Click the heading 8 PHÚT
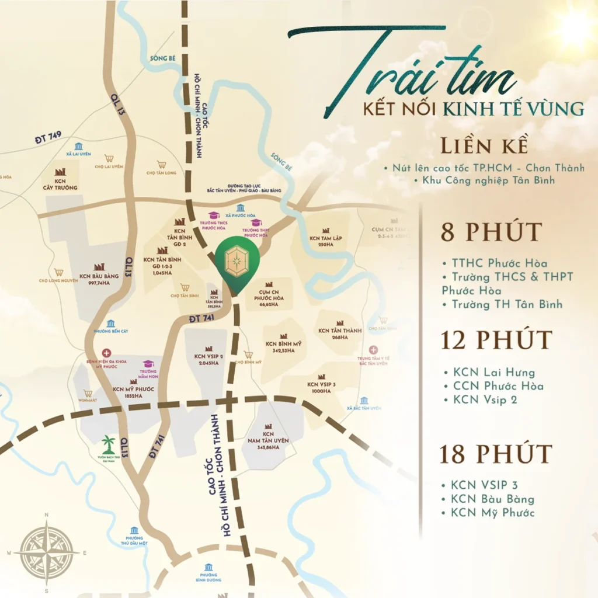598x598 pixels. (x=491, y=232)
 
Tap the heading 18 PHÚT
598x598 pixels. (x=495, y=454)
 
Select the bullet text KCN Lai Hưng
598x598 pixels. (x=493, y=372)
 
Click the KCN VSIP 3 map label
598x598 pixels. (x=322, y=387)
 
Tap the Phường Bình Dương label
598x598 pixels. (x=208, y=578)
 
